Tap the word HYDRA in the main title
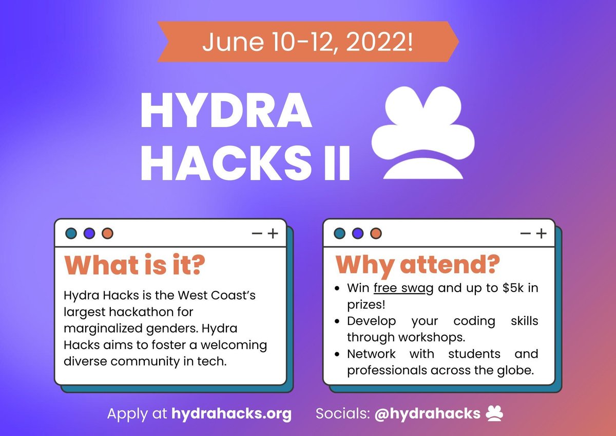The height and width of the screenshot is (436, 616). (x=226, y=112)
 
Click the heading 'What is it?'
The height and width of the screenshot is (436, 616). (x=134, y=265)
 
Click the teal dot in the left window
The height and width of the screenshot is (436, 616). (x=71, y=233)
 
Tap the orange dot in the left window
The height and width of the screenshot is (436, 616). (x=107, y=233)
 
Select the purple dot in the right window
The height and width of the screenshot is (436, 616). (x=358, y=233)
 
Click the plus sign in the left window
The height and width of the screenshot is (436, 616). (x=273, y=233)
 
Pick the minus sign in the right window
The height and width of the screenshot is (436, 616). (x=525, y=233)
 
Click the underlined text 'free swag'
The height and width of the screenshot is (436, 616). (x=403, y=288)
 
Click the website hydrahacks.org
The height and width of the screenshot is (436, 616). (x=231, y=413)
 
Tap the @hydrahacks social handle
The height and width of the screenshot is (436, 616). (x=428, y=413)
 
